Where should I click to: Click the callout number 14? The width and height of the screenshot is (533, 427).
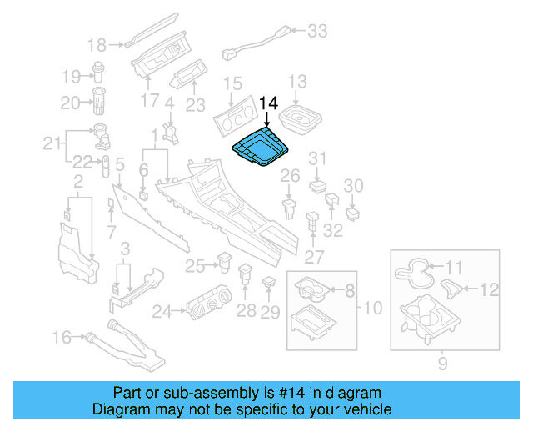coord(270,103)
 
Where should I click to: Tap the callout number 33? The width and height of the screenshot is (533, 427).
coord(317,32)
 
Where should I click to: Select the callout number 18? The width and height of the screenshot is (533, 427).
coord(97,44)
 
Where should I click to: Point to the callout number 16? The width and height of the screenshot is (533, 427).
coord(62,338)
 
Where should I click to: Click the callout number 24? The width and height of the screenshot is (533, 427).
coord(162,312)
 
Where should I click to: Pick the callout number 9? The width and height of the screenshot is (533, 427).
coord(442,363)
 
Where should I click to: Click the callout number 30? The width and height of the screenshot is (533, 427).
coord(354,185)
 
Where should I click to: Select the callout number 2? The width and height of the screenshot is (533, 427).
coord(77,181)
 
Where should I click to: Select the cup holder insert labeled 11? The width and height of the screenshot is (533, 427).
coord(413,269)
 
